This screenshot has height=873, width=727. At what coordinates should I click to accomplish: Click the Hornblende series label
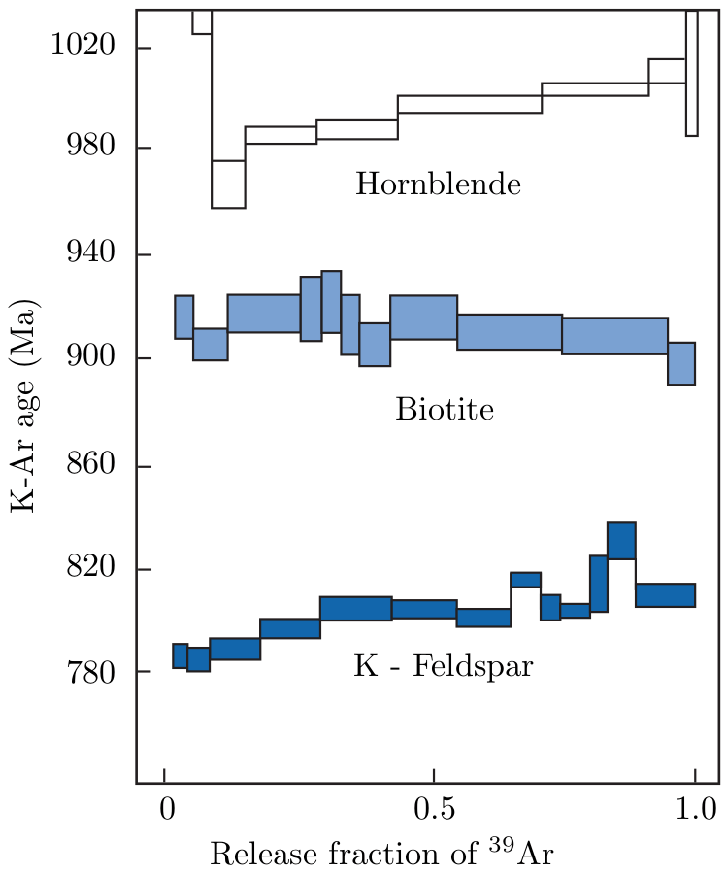coord(438,184)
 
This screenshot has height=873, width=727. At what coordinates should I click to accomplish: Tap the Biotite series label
coord(445,410)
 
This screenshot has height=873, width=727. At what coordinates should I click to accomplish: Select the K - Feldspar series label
coord(443,667)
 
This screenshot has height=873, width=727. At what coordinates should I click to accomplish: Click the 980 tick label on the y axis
coord(94,148)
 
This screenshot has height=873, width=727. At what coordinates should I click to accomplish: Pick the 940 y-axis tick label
coord(94,254)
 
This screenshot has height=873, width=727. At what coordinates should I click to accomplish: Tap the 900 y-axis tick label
coord(94,358)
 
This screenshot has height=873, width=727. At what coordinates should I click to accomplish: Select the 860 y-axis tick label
coord(94,466)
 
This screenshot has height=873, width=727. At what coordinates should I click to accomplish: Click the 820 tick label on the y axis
coord(94,569)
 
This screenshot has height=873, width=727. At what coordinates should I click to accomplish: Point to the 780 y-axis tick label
coord(94,671)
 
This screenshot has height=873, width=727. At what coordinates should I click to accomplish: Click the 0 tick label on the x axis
coord(165,809)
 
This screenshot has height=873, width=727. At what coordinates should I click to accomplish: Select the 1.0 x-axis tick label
coord(695,809)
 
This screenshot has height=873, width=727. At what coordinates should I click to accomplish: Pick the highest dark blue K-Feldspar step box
coord(621,541)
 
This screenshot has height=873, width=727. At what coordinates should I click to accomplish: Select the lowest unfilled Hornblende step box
coord(228,185)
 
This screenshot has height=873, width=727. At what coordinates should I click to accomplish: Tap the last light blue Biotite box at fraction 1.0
coord(681,363)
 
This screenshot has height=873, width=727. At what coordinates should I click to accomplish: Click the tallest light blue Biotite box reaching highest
coord(331,302)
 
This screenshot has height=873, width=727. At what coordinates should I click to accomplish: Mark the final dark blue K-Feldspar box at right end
coord(665,594)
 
